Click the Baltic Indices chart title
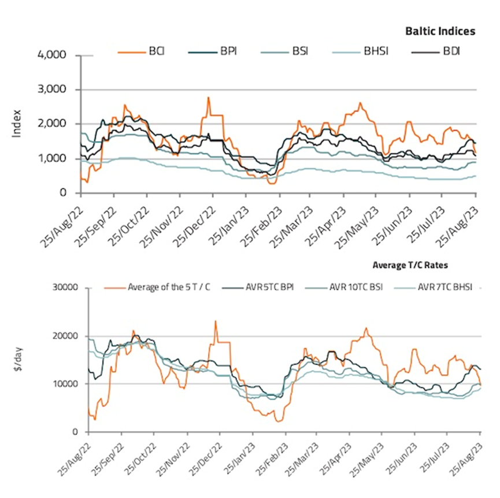click(440, 31)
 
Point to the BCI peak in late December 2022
click(208, 98)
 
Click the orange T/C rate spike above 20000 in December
click(216, 321)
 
